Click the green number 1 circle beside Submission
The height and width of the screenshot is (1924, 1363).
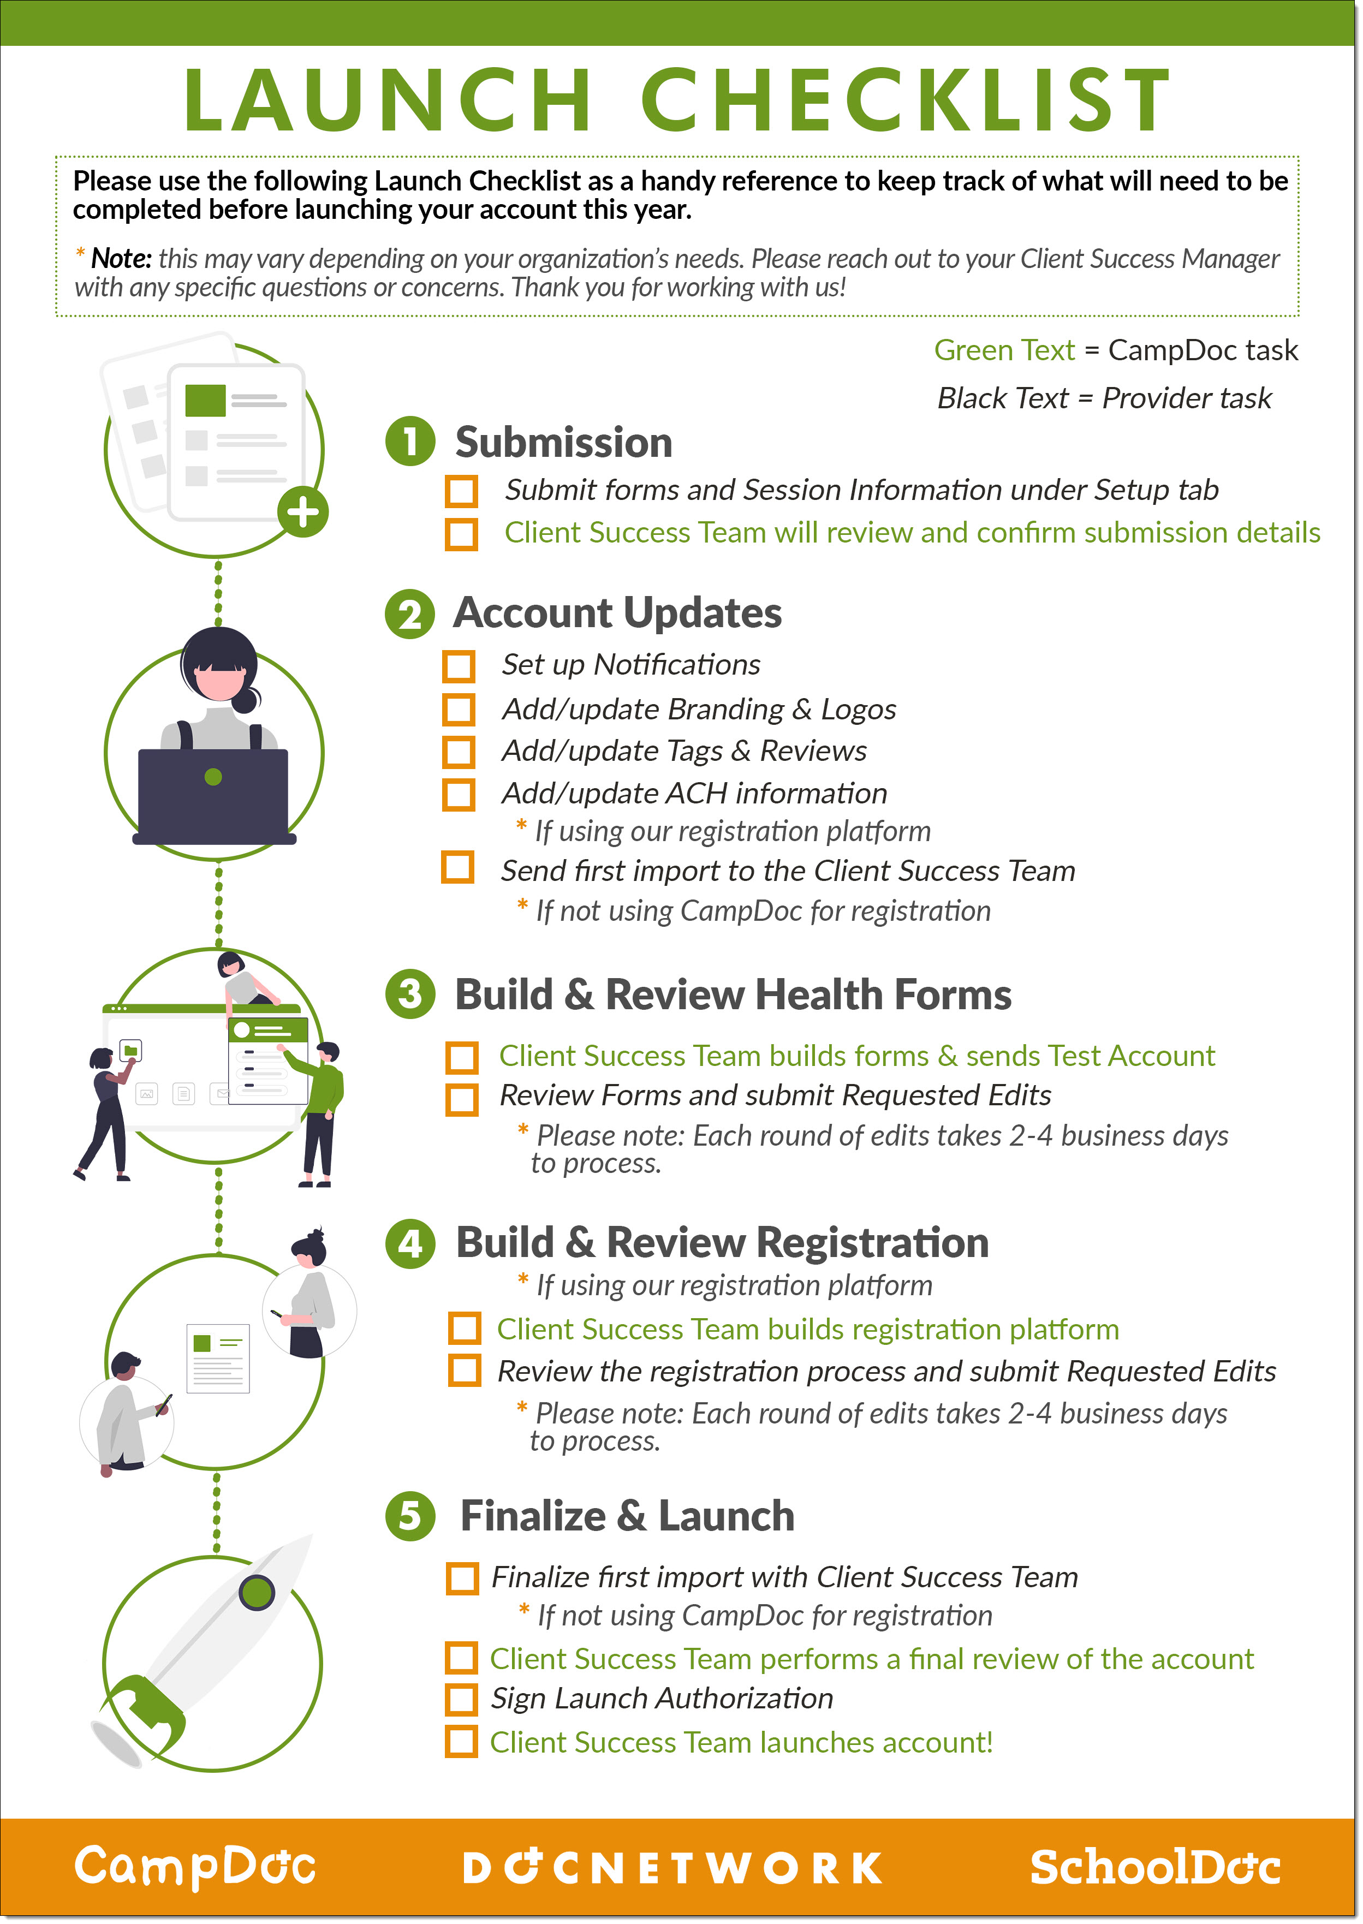(410, 442)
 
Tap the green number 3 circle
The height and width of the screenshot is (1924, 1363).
(410, 994)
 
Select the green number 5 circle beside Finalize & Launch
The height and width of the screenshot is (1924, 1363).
(410, 1516)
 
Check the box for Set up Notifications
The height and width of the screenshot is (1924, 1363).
(459, 666)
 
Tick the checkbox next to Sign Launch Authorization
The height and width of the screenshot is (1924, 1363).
(462, 1699)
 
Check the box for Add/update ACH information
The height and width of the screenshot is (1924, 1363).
(459, 795)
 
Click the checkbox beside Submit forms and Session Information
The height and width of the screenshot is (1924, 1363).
(462, 492)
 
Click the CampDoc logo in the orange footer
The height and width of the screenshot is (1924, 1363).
(195, 1867)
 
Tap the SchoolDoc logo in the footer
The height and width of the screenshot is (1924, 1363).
(1156, 1867)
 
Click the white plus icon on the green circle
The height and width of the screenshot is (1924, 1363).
(304, 512)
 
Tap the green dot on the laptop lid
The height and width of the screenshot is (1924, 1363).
(213, 777)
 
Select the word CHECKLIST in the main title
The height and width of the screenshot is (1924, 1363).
(907, 100)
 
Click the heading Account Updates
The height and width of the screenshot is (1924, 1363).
(618, 612)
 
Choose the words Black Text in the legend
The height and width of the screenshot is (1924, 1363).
(1003, 398)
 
